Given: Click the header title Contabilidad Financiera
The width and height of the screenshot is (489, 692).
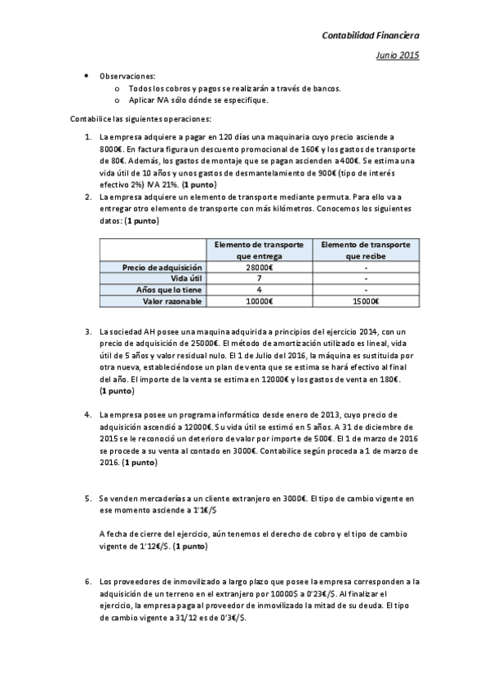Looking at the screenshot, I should click(371, 36).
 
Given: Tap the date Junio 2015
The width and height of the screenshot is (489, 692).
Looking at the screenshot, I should click(398, 55).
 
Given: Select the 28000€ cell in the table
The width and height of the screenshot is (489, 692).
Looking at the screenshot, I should click(259, 268).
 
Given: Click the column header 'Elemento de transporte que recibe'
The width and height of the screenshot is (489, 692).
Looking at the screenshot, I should click(367, 250).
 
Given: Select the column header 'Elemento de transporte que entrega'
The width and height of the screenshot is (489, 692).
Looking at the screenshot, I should click(259, 250).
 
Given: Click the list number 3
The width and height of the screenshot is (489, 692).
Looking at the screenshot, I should click(88, 332).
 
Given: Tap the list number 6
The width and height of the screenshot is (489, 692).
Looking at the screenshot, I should click(88, 582).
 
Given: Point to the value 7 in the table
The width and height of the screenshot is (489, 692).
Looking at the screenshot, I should click(259, 278).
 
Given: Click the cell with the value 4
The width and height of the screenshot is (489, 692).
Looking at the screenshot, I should click(259, 290).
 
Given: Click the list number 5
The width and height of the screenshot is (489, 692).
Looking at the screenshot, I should click(88, 498).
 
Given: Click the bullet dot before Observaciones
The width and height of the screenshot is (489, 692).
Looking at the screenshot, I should click(87, 76).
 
